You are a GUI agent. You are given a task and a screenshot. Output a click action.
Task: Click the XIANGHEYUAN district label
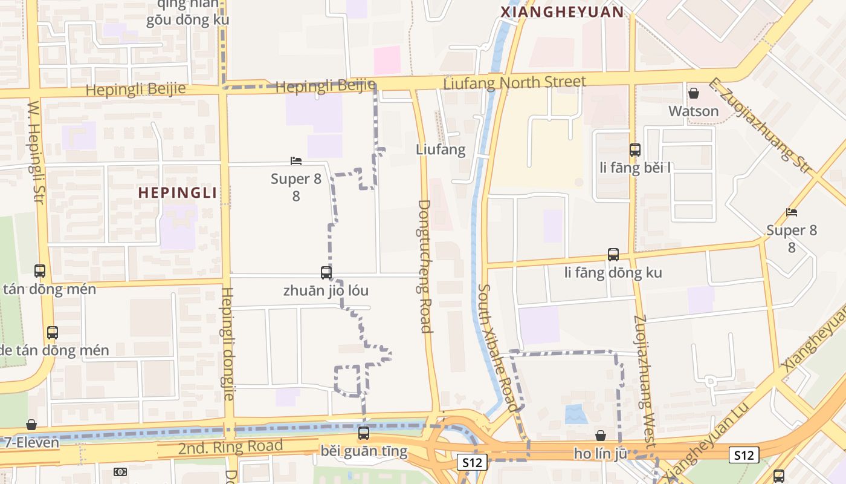click(x=562, y=12)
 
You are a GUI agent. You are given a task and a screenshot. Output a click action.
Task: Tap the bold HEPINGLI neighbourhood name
click(x=177, y=193)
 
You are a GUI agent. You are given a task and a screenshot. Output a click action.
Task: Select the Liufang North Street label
click(x=514, y=82)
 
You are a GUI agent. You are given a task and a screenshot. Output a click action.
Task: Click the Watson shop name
click(x=693, y=111)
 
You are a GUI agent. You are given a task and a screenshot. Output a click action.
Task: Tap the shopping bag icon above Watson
click(x=694, y=93)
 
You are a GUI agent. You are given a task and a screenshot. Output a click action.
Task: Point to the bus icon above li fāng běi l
click(x=634, y=149)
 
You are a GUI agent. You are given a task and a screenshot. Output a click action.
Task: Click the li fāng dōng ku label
click(x=613, y=273)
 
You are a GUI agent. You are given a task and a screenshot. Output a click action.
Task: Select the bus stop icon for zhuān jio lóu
click(x=326, y=273)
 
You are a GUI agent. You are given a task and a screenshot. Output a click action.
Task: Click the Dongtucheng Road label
click(x=425, y=266)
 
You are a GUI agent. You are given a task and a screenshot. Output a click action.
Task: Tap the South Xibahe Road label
click(x=498, y=348)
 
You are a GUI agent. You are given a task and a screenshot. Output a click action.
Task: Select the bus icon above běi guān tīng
click(x=363, y=433)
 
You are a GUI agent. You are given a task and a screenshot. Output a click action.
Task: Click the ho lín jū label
click(x=600, y=453)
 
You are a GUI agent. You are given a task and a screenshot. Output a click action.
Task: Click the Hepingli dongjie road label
click(x=226, y=343)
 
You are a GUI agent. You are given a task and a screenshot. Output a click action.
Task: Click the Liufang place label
click(x=441, y=149)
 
